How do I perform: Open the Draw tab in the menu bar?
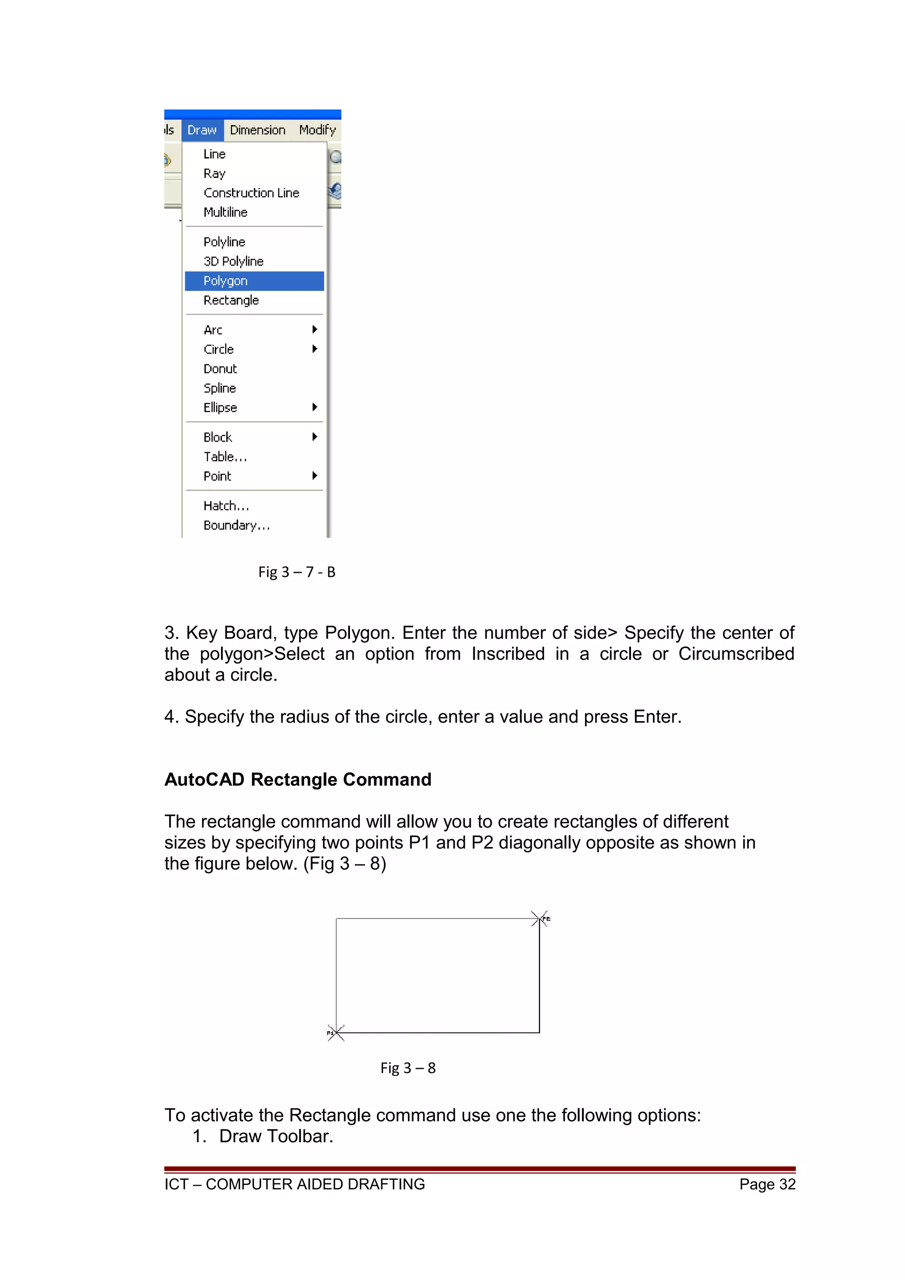tap(202, 130)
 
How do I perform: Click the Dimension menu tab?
tap(258, 130)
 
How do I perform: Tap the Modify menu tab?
tap(317, 130)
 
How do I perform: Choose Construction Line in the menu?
tap(251, 193)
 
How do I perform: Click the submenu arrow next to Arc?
tap(315, 329)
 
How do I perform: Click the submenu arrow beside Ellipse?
tap(315, 407)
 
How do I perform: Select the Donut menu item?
tap(220, 368)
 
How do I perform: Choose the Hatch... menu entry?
tap(226, 506)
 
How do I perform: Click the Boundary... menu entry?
tap(236, 525)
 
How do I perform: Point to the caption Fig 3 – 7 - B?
tap(297, 572)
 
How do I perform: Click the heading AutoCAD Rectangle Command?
tap(298, 780)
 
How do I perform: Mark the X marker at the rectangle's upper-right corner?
tap(539, 919)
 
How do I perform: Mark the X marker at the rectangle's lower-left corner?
tap(336, 1033)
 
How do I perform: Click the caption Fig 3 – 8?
tap(407, 1068)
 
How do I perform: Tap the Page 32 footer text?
tap(767, 1185)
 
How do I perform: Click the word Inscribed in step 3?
tap(507, 654)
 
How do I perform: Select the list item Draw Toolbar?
tap(276, 1136)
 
